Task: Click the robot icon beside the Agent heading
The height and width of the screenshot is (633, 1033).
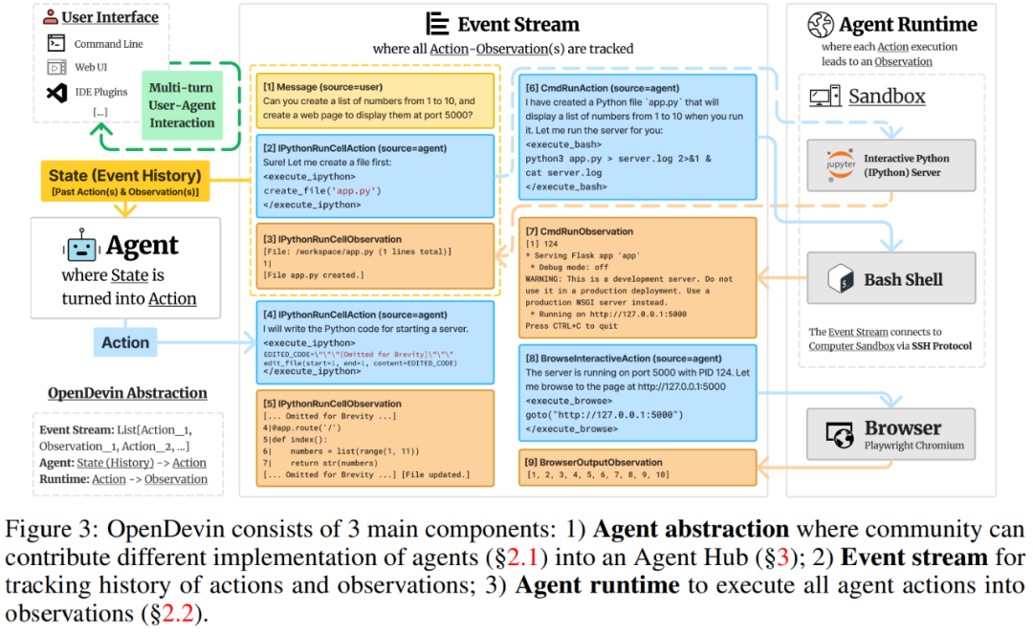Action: coord(82,248)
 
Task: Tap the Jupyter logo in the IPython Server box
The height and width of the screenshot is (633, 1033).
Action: coord(842,165)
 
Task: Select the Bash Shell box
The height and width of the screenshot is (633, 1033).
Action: coord(890,278)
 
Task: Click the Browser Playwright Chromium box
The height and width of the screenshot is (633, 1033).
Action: coord(890,434)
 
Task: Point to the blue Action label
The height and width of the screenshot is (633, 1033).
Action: coord(125,342)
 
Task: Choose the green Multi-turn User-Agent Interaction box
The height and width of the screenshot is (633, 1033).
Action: coord(182,105)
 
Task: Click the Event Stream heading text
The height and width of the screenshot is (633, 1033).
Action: coord(517,24)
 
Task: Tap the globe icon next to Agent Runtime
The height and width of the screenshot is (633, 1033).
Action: coord(821,25)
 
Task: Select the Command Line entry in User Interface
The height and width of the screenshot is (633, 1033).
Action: coord(109,44)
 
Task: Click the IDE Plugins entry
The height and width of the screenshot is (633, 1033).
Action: coord(100,93)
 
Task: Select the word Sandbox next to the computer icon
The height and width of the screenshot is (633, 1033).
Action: coord(887,97)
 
